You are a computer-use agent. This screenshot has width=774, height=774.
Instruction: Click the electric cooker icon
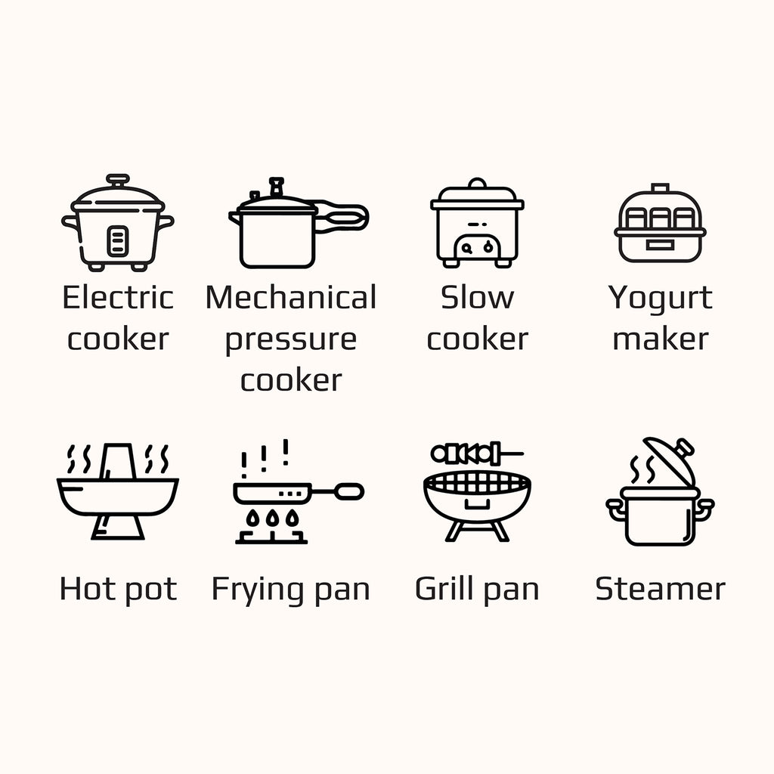tap(117, 222)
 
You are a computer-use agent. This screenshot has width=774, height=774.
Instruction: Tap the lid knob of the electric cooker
tap(117, 179)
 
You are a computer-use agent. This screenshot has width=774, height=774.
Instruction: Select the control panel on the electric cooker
tap(118, 241)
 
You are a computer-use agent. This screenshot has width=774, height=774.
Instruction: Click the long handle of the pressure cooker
tap(342, 216)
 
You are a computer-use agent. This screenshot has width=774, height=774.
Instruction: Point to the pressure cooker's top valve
tap(277, 187)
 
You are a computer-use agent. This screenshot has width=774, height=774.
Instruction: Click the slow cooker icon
tap(477, 223)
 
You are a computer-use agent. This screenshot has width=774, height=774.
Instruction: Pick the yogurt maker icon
tap(660, 223)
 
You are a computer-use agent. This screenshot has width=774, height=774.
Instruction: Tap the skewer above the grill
tap(477, 454)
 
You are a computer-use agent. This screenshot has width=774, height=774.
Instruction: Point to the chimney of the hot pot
tap(117, 462)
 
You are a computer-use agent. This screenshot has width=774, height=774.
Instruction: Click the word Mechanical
tap(291, 297)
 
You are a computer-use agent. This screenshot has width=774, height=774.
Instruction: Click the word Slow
tap(477, 297)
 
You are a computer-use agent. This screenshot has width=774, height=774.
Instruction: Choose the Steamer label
tap(660, 588)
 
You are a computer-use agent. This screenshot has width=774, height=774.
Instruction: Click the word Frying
tap(255, 590)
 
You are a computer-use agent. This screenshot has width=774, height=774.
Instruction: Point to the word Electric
tap(117, 297)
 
